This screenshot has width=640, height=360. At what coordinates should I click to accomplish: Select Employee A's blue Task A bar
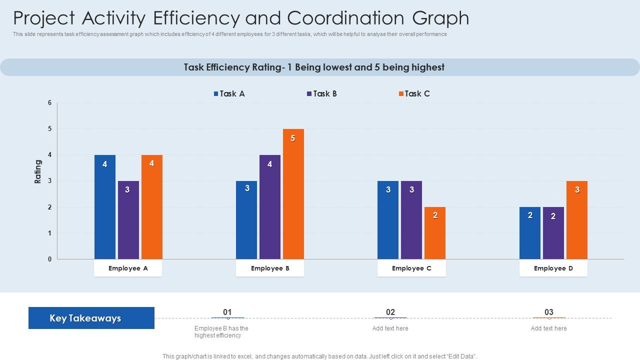[105, 207]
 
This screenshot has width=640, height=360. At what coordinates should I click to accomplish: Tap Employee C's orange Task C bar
[435, 233]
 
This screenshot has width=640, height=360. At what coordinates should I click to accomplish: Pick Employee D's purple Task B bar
[553, 233]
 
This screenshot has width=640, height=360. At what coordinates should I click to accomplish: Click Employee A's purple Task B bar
[128, 220]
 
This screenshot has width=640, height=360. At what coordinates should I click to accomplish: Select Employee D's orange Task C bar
[577, 220]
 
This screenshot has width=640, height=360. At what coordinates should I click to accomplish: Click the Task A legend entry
[229, 93]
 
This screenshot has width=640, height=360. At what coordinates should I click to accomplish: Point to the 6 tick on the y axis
[50, 103]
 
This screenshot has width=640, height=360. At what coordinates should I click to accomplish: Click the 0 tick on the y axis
[50, 259]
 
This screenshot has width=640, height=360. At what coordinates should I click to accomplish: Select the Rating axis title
[38, 171]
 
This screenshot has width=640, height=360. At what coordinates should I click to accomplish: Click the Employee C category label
[411, 268]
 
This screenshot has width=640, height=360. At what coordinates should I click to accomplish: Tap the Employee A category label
[128, 268]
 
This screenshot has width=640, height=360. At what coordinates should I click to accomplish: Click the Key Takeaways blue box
[91, 318]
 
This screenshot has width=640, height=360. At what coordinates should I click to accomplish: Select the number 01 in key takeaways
[227, 312]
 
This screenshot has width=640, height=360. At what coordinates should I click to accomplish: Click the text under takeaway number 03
[548, 328]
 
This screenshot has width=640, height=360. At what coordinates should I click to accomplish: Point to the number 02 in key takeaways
[390, 312]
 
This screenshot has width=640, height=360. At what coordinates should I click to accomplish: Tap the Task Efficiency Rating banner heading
[314, 67]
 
